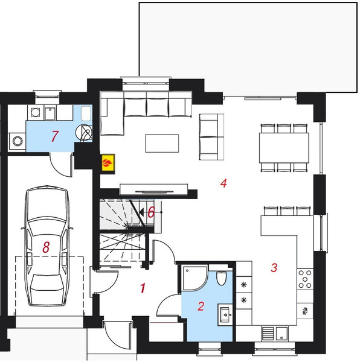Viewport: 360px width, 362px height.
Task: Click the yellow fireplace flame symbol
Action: (108, 163)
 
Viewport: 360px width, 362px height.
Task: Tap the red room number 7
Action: (54, 136)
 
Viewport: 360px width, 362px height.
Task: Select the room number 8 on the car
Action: (46, 247)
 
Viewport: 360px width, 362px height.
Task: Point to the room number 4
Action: (223, 183)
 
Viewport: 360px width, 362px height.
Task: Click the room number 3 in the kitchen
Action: (274, 267)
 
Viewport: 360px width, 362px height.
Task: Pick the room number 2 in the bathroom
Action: (201, 306)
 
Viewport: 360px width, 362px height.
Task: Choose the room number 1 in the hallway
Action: (143, 288)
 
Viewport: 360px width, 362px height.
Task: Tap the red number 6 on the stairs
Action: (151, 212)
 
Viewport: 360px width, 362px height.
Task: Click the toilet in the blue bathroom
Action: (221, 278)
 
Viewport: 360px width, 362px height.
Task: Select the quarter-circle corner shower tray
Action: (191, 277)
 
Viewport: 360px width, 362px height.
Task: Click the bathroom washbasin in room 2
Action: (225, 314)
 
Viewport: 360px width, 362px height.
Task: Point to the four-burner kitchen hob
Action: (305, 279)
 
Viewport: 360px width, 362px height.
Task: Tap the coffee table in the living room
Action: (162, 144)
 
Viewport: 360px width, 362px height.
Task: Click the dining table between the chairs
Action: (284, 148)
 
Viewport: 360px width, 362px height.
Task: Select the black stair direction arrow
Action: (141, 212)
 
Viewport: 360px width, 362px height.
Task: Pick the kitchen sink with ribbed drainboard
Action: (275, 334)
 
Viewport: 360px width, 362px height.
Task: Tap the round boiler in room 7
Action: (85, 133)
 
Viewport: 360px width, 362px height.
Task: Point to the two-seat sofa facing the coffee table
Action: (211, 137)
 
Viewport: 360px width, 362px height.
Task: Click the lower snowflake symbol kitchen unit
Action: (244, 300)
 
